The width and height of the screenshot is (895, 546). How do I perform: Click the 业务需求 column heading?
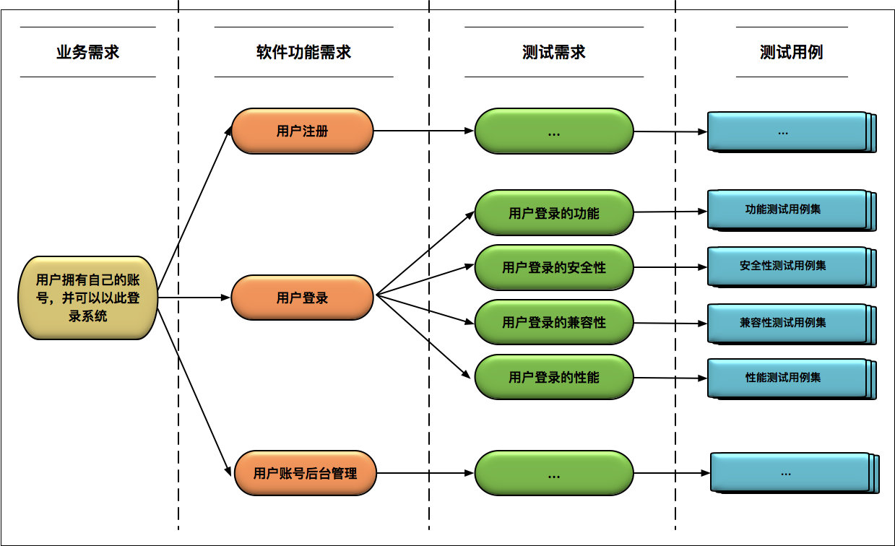pyautogui.click(x=87, y=52)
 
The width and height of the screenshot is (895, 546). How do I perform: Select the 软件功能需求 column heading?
pyautogui.click(x=303, y=52)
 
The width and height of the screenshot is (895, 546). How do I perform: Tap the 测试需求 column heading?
pyautogui.click(x=553, y=52)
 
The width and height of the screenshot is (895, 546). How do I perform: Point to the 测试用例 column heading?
pyautogui.click(x=791, y=52)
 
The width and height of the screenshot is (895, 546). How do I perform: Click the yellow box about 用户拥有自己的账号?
pyautogui.click(x=87, y=297)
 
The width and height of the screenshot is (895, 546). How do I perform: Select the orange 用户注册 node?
pyautogui.click(x=302, y=131)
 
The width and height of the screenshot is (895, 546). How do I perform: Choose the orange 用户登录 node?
pyautogui.click(x=302, y=298)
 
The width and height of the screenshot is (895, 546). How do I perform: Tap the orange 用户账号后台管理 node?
pyautogui.click(x=305, y=474)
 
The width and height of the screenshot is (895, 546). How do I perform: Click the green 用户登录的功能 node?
pyautogui.click(x=553, y=213)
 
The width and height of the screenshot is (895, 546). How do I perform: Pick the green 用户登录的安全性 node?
pyautogui.click(x=553, y=268)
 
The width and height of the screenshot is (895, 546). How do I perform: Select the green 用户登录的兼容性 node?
pyautogui.click(x=553, y=323)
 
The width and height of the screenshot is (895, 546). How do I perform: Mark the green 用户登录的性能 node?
pyautogui.click(x=553, y=377)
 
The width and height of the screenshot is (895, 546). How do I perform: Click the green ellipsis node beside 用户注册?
pyautogui.click(x=553, y=131)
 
